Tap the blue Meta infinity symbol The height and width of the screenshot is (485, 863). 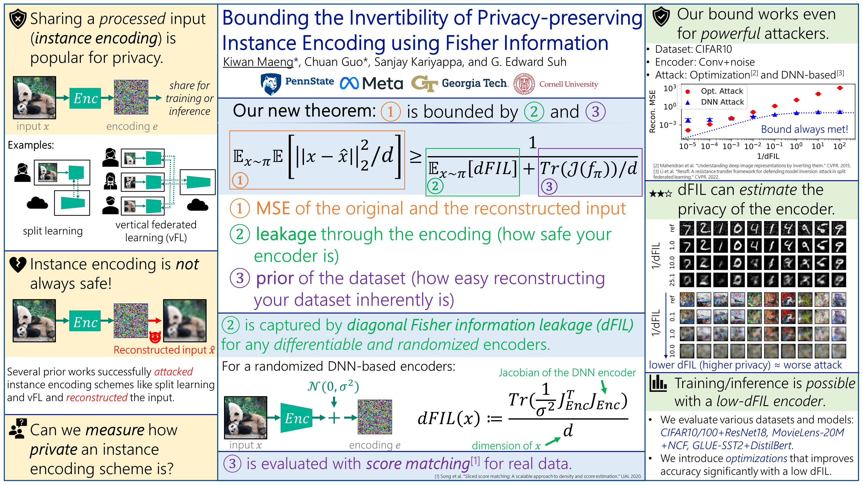click(349, 83)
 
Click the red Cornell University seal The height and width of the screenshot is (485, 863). click(524, 84)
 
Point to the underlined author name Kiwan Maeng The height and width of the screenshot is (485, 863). click(258, 62)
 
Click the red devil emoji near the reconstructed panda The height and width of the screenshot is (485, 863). click(155, 337)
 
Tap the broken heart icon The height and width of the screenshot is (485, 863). click(18, 265)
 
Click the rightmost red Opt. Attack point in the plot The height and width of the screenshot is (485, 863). click(839, 88)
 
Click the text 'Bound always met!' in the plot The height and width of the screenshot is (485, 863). click(804, 129)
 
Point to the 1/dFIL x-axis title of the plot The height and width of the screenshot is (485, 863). click(768, 156)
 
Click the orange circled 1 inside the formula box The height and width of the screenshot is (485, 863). click(240, 180)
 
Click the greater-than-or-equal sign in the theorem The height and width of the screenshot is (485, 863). click(415, 157)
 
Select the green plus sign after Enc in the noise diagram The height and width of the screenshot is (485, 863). click(334, 418)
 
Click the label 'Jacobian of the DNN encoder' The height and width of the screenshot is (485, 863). click(567, 373)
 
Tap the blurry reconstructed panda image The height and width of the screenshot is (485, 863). click(185, 321)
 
